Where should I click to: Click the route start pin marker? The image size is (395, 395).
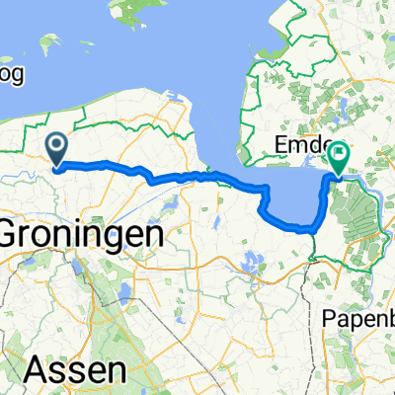[x=57, y=148]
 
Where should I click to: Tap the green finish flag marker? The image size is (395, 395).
[x=340, y=157]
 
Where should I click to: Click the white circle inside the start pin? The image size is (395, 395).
[x=57, y=145]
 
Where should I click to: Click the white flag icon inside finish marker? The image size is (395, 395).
[x=341, y=153]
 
